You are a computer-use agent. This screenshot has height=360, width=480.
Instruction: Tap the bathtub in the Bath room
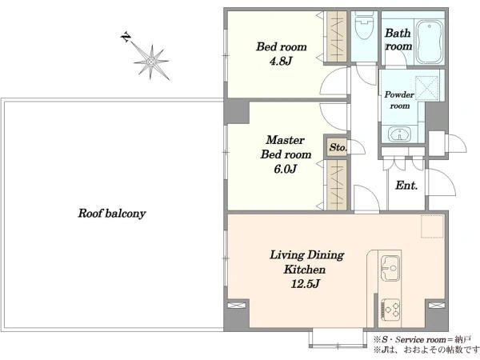pos(430,42)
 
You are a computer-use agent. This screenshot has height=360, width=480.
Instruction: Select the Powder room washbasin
pos(399,134)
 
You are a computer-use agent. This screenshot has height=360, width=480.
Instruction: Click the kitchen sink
pos(390,268)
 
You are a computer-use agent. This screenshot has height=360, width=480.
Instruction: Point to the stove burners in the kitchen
pos(390,309)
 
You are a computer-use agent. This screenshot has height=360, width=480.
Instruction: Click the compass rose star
pos(151,62)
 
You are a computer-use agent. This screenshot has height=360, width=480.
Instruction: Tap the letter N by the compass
pos(126,37)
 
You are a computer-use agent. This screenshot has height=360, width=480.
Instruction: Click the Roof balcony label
pos(112,214)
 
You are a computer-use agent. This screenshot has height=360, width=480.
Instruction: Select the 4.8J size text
pos(281,62)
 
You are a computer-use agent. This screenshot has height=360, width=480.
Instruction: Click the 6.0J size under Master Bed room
pos(286,169)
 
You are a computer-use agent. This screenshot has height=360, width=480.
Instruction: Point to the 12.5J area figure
pos(306,284)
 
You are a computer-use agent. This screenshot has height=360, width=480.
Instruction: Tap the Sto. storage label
pos(338,147)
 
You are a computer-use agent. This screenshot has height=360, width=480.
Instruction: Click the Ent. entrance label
pos(406,186)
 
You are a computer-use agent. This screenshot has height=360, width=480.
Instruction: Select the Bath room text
pos(398,39)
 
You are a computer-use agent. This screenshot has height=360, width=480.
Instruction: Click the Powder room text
pos(399,100)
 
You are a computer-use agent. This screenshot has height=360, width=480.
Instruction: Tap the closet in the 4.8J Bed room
pos(336,37)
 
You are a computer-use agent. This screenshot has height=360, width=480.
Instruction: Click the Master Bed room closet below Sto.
pos(336,185)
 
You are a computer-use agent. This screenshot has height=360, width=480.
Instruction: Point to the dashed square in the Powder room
pos(426,88)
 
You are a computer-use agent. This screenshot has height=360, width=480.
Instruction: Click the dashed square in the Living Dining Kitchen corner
pos(432,226)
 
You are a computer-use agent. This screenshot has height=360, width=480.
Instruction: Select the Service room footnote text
pos(422,339)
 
